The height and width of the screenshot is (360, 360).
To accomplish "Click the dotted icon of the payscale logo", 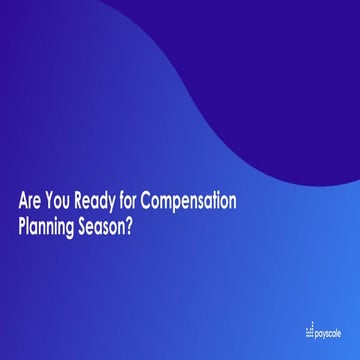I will tap(309, 330).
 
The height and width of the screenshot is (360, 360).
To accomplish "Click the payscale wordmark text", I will tap(329, 331).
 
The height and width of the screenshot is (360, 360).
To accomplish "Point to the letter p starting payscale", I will tap(317, 332).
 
